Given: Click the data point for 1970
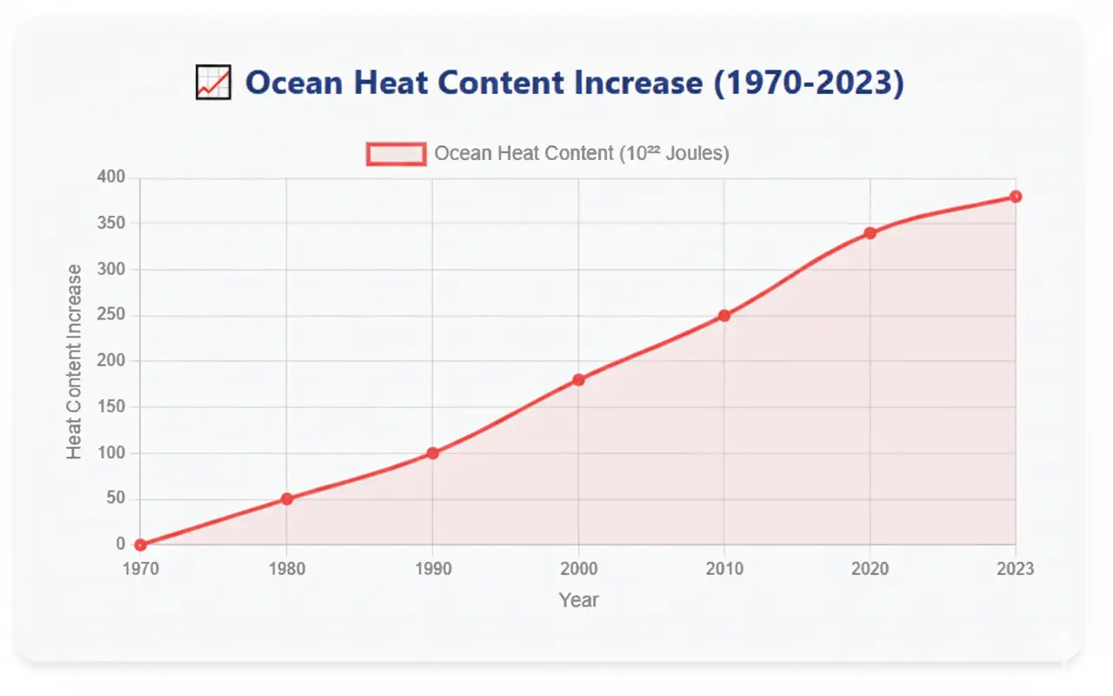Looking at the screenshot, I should [141, 545].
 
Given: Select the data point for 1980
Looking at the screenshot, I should [286, 499].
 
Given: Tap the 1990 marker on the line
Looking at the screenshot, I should [432, 453].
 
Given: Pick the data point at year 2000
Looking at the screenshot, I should [578, 380].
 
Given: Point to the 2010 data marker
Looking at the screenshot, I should [723, 316].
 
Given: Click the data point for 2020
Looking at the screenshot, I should [870, 233].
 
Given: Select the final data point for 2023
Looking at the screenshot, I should [1015, 197].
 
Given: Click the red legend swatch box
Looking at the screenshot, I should [397, 154].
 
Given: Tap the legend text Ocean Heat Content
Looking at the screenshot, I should [581, 154].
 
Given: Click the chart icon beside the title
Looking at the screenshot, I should [213, 84].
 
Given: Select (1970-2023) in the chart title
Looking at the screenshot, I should [808, 83].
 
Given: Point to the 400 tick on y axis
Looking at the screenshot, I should [110, 177].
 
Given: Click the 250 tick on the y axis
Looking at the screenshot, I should [110, 315].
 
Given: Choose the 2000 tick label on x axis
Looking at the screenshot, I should [578, 569].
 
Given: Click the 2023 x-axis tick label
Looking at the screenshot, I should [1015, 569].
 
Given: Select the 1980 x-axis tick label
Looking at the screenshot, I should [286, 569].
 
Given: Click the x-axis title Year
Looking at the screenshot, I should [578, 600].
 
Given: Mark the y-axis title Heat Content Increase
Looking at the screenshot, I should [75, 361].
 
